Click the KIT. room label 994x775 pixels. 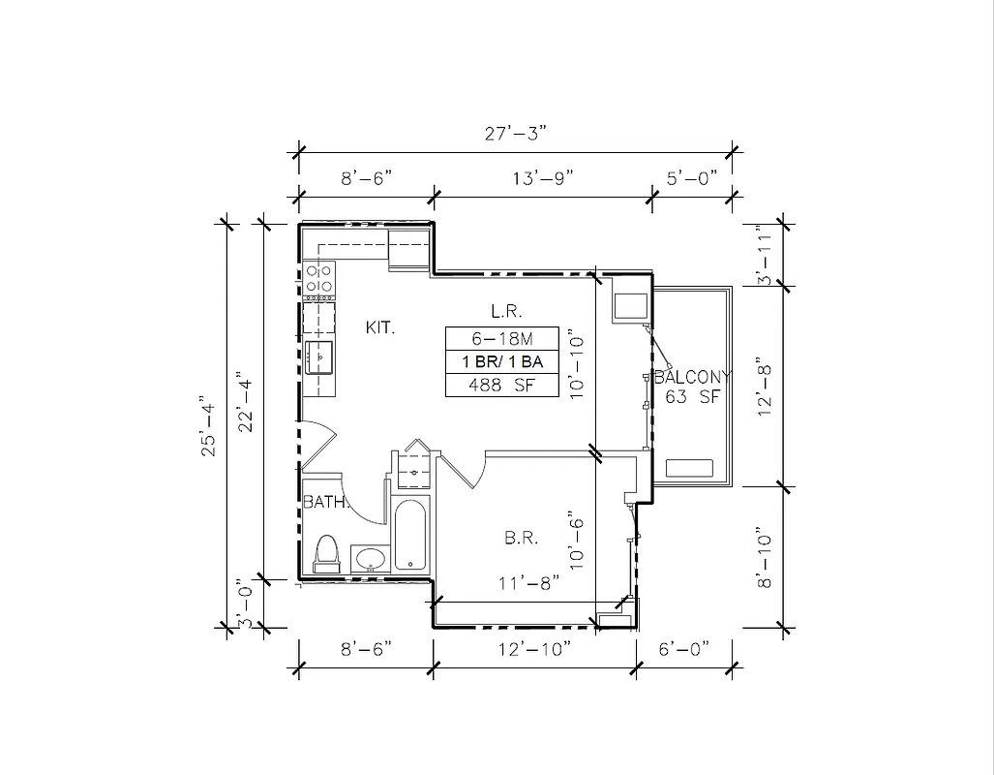(x=380, y=328)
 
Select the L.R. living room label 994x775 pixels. (x=506, y=312)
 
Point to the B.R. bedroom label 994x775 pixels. (x=521, y=538)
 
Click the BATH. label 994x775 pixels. (x=320, y=503)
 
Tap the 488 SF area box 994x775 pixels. (x=501, y=386)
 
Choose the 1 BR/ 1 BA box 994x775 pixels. (x=501, y=361)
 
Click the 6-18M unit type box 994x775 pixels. (x=501, y=338)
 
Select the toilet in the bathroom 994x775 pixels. (x=324, y=553)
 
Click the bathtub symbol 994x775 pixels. (x=409, y=536)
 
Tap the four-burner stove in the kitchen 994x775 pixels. (x=319, y=279)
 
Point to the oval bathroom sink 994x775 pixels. (x=369, y=559)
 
